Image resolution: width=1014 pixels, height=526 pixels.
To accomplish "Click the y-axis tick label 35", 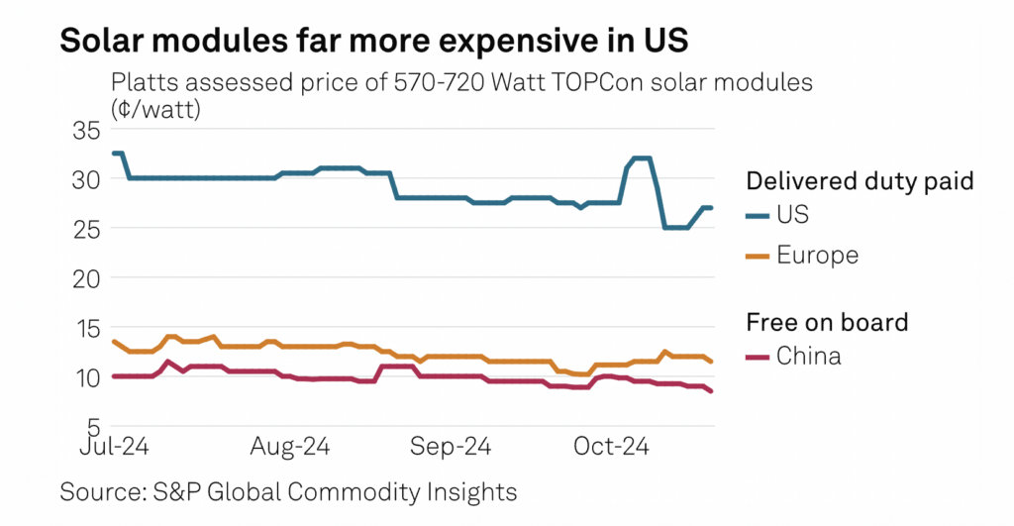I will (x=86, y=131).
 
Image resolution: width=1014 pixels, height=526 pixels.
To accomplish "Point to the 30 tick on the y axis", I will (x=86, y=180).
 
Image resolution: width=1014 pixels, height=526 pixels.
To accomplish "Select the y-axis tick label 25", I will (x=86, y=229).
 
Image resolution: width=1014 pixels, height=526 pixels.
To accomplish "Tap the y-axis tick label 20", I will (x=86, y=278).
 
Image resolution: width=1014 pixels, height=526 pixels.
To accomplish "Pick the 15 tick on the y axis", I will (x=87, y=328).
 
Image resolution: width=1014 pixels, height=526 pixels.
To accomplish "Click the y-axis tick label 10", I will (x=87, y=377).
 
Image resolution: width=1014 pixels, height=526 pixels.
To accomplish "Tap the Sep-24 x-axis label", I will (x=450, y=448).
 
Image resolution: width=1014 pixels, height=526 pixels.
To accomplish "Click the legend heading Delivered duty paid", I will (x=859, y=180).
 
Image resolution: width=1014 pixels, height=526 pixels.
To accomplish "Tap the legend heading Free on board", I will (x=827, y=322).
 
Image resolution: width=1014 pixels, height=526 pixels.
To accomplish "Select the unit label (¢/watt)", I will (x=156, y=109).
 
